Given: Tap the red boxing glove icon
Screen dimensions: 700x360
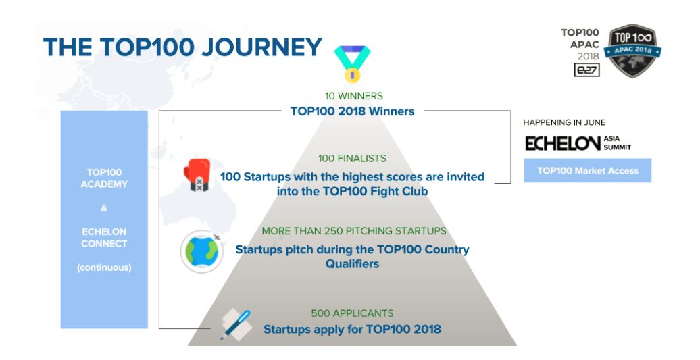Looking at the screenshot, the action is tap(197, 175).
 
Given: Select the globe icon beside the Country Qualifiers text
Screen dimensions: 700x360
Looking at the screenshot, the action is tap(202, 251).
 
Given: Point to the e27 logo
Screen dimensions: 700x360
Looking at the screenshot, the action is tap(586, 70).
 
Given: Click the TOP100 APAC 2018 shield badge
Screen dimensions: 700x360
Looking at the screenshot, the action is tap(632, 51).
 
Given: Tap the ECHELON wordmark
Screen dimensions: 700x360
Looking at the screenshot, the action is tap(562, 144).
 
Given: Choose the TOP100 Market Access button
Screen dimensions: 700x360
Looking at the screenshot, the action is tap(588, 170).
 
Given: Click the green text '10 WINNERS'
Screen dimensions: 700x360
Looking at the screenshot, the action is tap(353, 96).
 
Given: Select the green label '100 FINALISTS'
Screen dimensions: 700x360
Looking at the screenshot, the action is tap(352, 158).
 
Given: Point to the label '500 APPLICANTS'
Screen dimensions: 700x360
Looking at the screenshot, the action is tap(352, 313).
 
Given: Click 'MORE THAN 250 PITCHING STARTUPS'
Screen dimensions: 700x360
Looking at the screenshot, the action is tap(354, 231).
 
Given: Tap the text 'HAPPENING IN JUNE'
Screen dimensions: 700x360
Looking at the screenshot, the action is tap(564, 122).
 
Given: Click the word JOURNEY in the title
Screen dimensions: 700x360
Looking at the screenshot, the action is tap(261, 47).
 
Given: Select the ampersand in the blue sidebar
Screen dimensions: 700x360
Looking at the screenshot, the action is tap(104, 208).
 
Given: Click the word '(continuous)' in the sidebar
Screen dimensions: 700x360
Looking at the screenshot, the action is tap(104, 267).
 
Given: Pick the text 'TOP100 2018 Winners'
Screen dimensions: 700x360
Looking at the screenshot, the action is tap(352, 111).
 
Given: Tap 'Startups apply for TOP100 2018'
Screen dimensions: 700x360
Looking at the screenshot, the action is tap(352, 329).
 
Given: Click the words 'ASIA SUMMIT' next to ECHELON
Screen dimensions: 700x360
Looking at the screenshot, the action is tap(618, 143).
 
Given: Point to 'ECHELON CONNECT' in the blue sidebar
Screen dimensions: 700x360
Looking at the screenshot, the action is tap(104, 238).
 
